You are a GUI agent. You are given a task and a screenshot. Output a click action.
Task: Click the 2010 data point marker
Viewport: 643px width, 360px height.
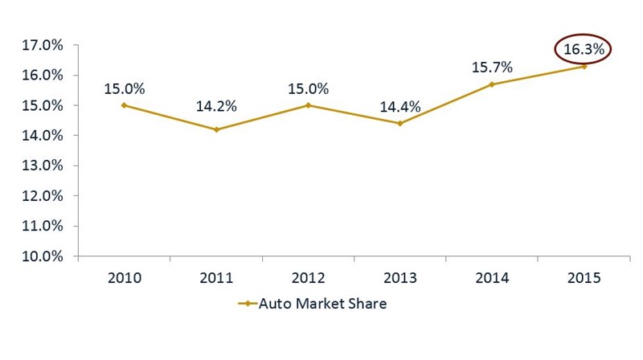(124, 105)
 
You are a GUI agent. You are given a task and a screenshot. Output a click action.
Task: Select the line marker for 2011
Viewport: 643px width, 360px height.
(216, 129)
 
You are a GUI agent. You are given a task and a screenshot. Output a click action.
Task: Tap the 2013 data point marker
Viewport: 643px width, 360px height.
(400, 123)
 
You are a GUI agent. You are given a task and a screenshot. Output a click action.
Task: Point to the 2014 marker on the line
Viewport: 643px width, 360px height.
(492, 84)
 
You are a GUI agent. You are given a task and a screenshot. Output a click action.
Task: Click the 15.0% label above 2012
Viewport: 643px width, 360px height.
(308, 88)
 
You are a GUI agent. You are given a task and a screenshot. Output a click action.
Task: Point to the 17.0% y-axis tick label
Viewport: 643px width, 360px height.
(41, 46)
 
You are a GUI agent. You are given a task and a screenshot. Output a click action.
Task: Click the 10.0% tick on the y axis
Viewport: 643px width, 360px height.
(41, 256)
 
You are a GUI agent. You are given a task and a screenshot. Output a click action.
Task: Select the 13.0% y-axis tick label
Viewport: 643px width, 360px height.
(41, 166)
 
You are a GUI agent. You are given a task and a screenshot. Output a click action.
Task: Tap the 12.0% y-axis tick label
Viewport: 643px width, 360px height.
(41, 196)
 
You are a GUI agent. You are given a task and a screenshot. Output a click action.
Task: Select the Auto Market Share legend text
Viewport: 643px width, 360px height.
(321, 304)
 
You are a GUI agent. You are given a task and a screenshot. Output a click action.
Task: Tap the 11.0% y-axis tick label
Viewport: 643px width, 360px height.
(41, 227)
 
